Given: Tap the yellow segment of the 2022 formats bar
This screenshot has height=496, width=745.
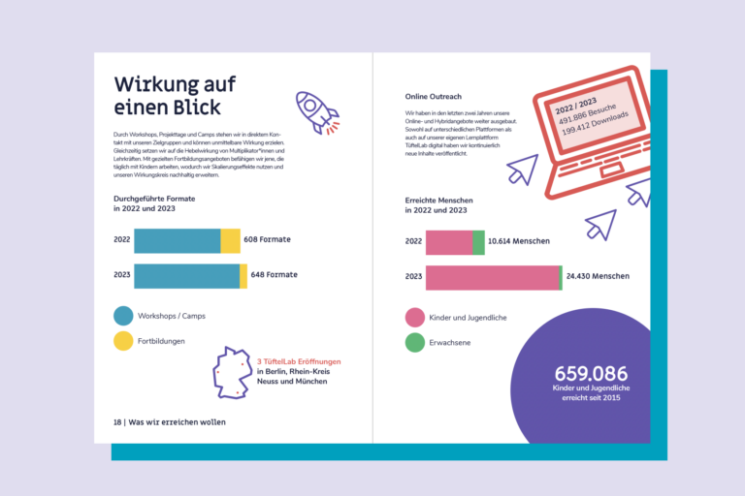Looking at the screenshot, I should point(230,240).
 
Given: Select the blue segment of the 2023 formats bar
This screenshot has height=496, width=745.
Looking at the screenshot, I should point(186,276).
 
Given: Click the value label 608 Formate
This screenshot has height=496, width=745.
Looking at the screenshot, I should point(268,239).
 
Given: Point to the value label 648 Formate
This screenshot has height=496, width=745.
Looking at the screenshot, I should point(274,275).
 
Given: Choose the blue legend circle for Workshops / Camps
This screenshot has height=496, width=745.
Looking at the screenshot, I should point(123,316).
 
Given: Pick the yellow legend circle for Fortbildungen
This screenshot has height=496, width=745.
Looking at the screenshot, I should point(123,341).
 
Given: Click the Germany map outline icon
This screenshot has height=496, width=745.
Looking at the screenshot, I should point(232,372).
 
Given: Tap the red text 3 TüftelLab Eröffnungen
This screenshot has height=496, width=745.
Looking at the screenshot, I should point(299,361).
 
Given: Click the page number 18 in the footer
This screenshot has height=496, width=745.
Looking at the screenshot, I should point(117,422).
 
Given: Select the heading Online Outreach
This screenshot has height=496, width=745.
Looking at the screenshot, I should point(433,97).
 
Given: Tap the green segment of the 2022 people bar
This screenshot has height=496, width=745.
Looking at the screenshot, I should point(478,242).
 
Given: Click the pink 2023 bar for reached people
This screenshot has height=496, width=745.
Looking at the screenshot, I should point(492,278).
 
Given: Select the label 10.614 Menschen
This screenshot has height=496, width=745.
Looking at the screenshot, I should point(519,241).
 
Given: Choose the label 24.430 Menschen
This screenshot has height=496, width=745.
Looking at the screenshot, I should point(598,277).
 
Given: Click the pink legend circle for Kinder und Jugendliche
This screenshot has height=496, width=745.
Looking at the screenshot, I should point(414,317).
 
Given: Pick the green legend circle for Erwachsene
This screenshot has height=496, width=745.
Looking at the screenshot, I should point(414,342).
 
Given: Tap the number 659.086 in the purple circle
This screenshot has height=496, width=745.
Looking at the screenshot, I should point(591,373).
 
